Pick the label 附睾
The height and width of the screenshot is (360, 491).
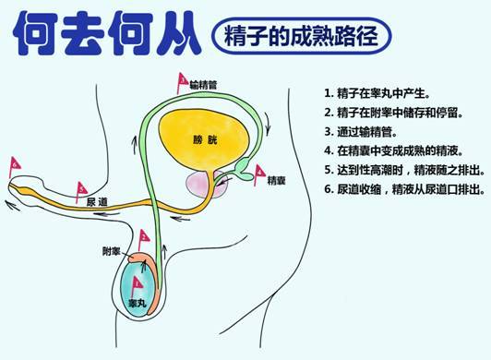[111, 249]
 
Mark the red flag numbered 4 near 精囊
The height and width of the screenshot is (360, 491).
[259, 170]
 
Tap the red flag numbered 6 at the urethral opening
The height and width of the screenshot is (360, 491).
[15, 167]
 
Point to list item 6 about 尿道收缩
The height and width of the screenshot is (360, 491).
[401, 190]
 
